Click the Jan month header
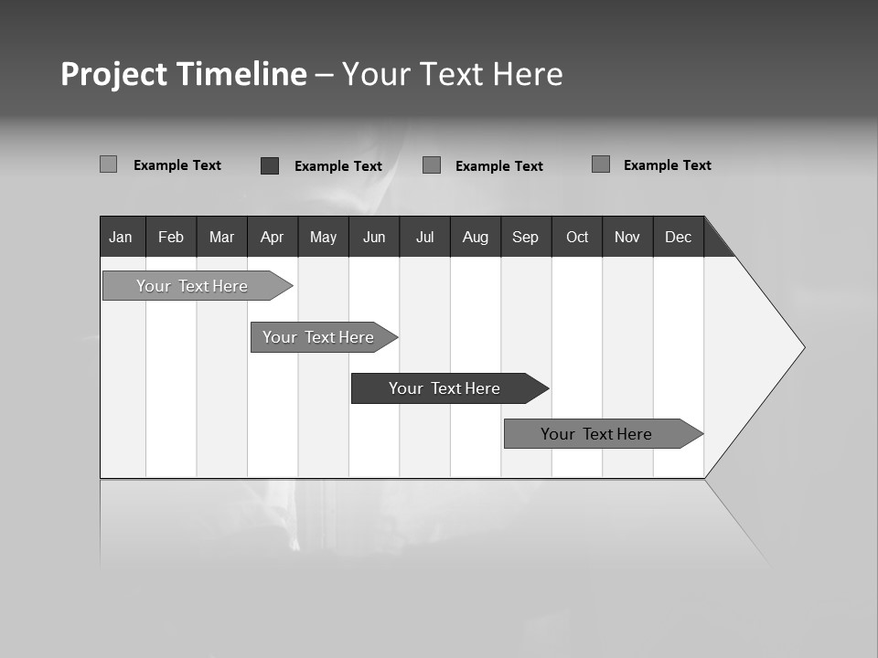click(122, 237)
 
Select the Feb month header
click(171, 237)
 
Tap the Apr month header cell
click(273, 237)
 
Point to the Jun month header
click(374, 237)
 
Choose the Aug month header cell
click(476, 237)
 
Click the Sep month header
click(526, 237)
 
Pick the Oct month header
click(577, 237)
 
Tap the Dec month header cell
click(679, 237)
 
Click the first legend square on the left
click(108, 164)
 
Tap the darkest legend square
click(270, 165)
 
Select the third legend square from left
click(432, 165)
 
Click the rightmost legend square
click(601, 164)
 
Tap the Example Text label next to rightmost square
click(668, 165)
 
